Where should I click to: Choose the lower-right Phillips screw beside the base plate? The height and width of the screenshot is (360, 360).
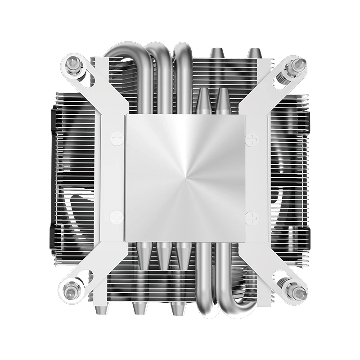(250, 219)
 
